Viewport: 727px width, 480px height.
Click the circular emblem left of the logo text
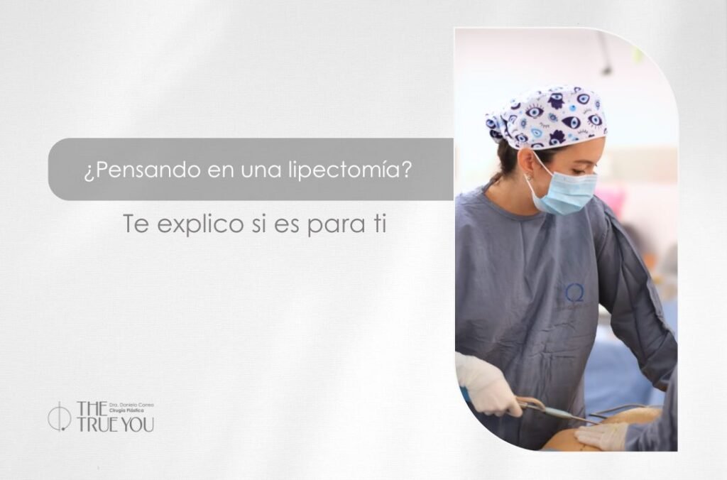click(59, 417)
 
